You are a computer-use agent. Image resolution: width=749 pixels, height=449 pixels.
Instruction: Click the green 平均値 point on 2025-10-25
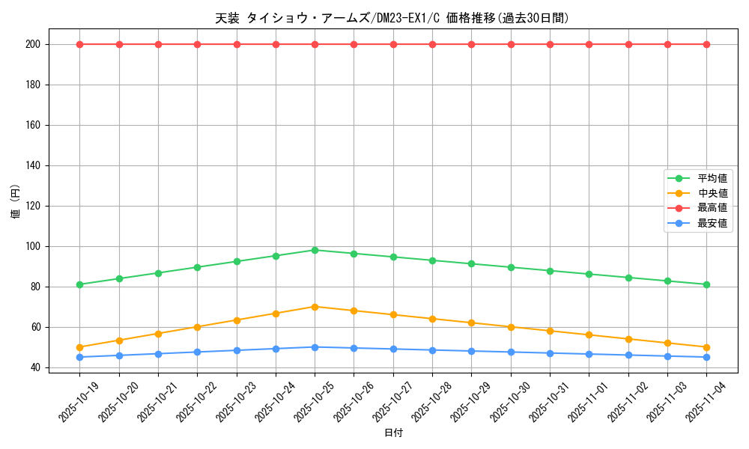pos(315,250)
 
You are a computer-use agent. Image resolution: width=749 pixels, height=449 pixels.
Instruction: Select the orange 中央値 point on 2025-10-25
pos(315,307)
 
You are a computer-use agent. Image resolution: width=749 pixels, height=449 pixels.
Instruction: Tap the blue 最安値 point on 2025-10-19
pos(79,357)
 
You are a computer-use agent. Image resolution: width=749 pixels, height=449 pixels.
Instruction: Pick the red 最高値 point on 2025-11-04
pos(706,44)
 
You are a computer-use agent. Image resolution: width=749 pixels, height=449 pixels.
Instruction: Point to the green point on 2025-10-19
pos(79,284)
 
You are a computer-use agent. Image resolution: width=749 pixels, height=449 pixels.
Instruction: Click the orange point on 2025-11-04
pos(706,347)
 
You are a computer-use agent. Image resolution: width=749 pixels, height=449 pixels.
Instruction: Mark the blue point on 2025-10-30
pos(511,352)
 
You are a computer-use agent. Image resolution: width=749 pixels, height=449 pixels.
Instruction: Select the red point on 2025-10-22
pos(197,44)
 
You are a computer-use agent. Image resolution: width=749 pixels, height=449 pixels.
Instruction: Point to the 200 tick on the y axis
pos(34,44)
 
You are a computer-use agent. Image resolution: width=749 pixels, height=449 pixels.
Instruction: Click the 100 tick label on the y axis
pos(34,246)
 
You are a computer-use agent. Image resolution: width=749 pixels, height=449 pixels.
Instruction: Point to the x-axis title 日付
pos(393,433)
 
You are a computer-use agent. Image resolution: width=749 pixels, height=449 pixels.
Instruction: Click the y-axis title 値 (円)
pos(15,201)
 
